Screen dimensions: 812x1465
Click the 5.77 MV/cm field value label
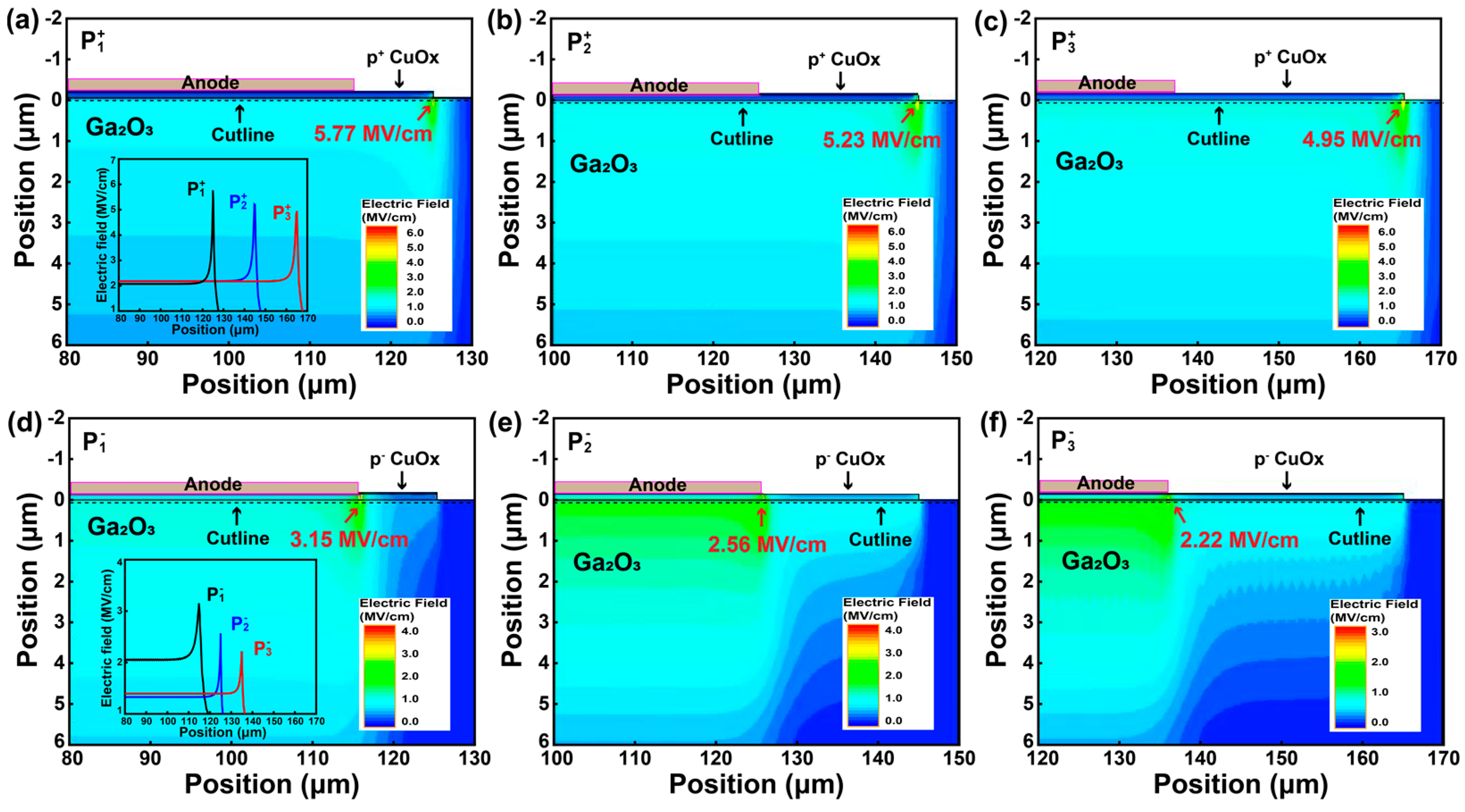coord(373,134)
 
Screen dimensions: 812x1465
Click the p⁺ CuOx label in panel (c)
coord(1290,58)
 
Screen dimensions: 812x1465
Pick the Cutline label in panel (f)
coord(1359,539)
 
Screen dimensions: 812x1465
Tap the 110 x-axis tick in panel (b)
coord(633,359)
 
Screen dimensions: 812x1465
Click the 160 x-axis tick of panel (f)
coord(1362,758)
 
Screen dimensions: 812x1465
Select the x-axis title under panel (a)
coord(269,385)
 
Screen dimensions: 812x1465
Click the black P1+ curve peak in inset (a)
coord(213,192)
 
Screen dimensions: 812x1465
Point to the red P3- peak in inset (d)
coord(241,653)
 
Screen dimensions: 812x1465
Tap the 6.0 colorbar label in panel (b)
coord(896,232)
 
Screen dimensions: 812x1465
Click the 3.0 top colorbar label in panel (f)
coord(1380,632)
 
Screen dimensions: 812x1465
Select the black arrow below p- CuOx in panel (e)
coord(847,481)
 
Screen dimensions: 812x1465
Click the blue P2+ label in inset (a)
coord(238,201)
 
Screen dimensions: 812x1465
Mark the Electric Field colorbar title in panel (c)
coord(1376,209)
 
